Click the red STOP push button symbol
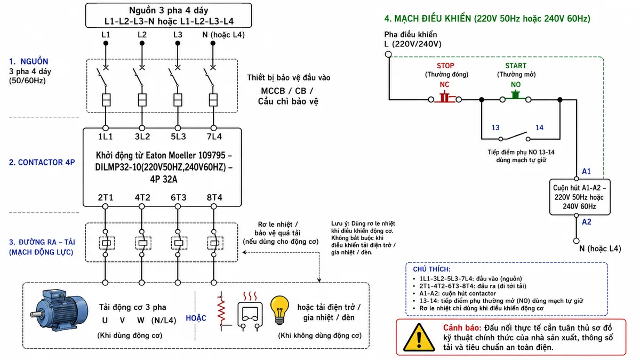tap(445, 97)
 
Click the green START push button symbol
tap(515, 95)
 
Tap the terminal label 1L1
tap(106, 137)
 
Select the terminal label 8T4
tap(214, 197)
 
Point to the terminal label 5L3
tap(178, 137)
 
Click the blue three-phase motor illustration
tap(59, 310)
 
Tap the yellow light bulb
tap(279, 310)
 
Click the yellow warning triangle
tap(419, 338)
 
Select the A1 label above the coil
tap(586, 171)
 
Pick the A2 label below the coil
tap(587, 222)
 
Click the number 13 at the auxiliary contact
tap(495, 127)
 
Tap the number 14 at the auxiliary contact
tap(539, 127)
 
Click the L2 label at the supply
tap(142, 35)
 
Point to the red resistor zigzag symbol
tap(222, 311)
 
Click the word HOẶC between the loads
tap(196, 318)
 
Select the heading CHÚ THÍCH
tap(431, 269)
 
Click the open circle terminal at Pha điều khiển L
tap(388, 54)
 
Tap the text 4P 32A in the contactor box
tap(164, 179)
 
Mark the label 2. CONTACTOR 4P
tap(42, 162)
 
